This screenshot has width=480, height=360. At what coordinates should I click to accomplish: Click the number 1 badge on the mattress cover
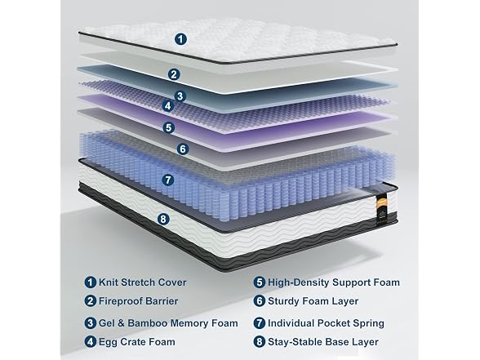[181, 39]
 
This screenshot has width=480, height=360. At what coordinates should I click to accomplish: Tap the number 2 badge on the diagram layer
[174, 74]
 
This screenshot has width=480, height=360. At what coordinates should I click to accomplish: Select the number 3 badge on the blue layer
[180, 96]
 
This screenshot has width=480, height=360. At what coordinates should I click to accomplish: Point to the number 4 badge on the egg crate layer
[168, 106]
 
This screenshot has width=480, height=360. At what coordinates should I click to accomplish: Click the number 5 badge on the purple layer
[169, 127]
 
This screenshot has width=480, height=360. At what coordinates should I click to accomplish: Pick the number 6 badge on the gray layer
[183, 149]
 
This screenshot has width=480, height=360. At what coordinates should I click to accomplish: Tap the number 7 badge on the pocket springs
[168, 180]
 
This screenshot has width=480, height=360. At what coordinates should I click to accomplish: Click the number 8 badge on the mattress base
[163, 219]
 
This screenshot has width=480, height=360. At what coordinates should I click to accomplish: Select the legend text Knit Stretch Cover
[142, 282]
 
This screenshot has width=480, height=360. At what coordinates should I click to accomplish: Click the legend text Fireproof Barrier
[138, 301]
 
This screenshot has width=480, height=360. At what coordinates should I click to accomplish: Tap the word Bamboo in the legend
[148, 323]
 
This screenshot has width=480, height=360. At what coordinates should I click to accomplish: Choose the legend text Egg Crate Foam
[137, 341]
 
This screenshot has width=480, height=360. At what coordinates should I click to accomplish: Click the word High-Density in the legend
[299, 282]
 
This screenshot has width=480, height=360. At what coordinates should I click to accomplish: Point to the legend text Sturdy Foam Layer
[313, 301]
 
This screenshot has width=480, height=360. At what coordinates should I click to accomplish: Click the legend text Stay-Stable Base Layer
[323, 341]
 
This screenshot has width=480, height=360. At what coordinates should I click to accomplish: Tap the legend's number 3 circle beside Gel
[91, 323]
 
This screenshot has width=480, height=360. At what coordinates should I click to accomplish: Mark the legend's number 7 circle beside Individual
[260, 323]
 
